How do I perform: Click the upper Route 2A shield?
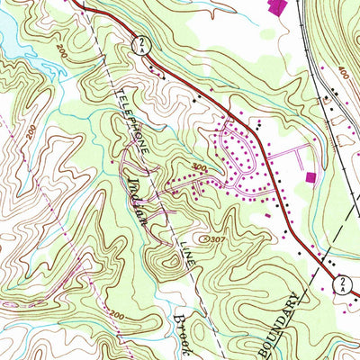coord(140,42)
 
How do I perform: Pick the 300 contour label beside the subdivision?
coord(199,168)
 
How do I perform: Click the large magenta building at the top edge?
coord(277,5)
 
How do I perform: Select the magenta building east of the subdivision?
coord(312,177)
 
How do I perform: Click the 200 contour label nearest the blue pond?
coord(60,48)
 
